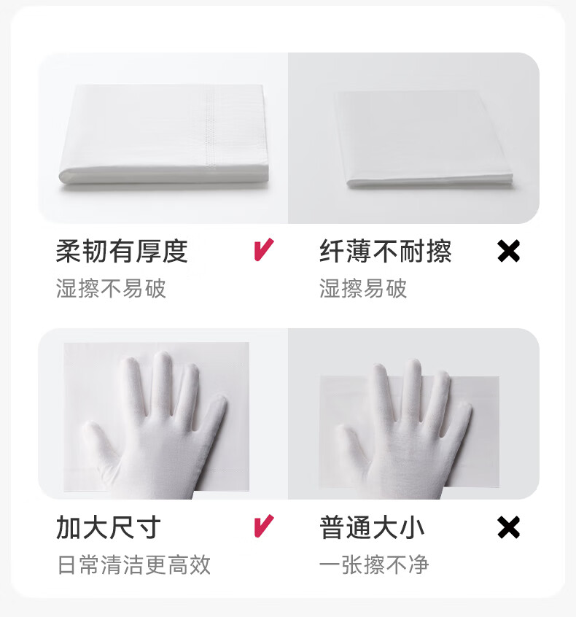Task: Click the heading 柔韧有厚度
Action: pos(122,252)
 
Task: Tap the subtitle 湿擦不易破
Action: pos(111,288)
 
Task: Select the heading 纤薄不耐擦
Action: pos(385,252)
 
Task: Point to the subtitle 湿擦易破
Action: pos(362,288)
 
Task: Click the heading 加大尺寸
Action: pos(108,527)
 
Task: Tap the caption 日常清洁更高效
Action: pos(133,564)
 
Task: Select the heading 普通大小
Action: pos(372,527)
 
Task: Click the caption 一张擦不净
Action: pos(374,564)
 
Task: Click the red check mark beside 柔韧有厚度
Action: pos(262,251)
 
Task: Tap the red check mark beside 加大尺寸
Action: pos(262,526)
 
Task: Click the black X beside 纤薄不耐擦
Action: pos(508,252)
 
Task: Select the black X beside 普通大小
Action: pos(508,527)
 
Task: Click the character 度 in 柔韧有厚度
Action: pos(175,252)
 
